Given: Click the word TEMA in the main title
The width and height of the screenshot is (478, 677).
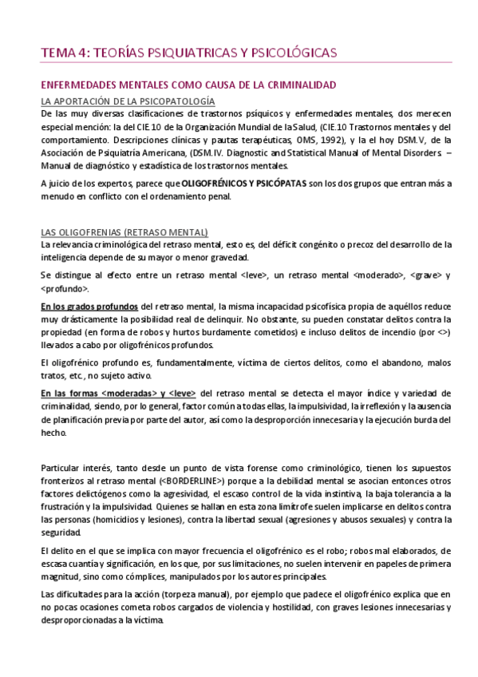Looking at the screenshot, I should click(58, 53).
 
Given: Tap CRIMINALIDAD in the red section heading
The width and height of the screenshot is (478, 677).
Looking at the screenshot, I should click(300, 85).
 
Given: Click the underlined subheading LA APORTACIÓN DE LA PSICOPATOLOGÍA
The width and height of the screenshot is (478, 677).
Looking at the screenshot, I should click(128, 101).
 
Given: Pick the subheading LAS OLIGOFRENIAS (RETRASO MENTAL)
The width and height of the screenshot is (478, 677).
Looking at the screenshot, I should click(124, 232).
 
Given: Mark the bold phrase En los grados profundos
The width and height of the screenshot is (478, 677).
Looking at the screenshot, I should click(89, 306).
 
